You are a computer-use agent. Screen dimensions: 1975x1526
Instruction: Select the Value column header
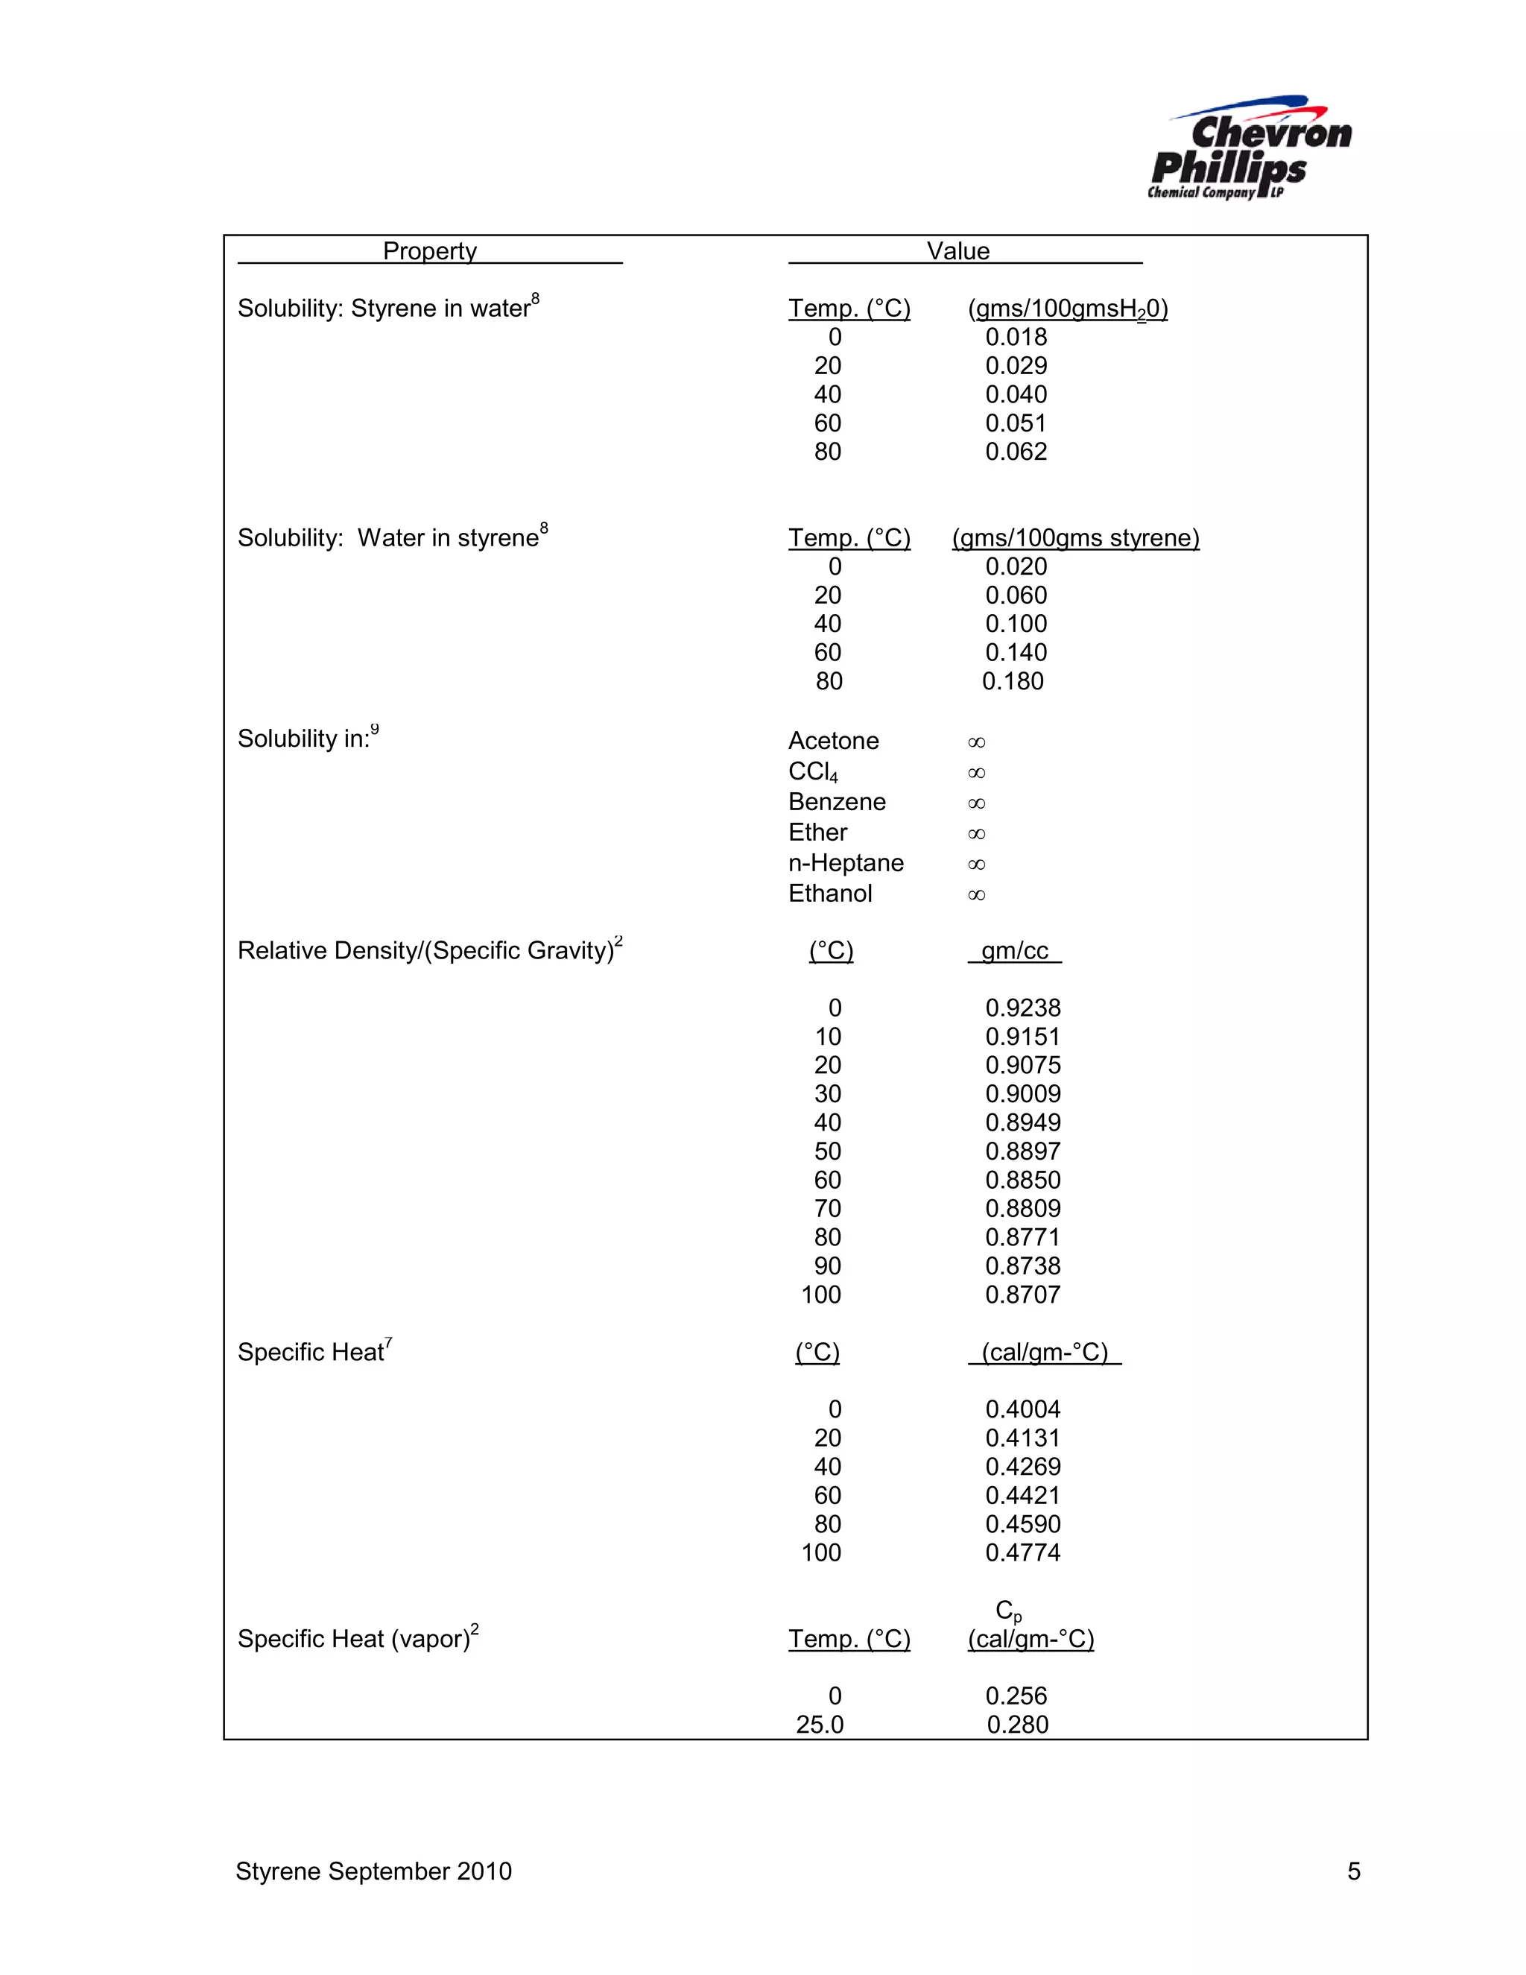pos(957,250)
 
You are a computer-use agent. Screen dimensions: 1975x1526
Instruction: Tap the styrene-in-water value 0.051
pos(1016,423)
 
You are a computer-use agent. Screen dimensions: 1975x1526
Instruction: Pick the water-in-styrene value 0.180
pos(1013,681)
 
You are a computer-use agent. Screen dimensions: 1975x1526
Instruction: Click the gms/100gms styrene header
pos(1075,538)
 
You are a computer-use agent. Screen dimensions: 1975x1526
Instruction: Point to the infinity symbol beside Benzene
pos(976,803)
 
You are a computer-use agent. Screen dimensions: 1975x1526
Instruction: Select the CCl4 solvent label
pos(813,772)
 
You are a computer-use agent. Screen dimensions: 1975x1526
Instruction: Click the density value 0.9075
pos(1022,1065)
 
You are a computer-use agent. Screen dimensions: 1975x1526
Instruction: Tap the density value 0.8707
pos(1022,1295)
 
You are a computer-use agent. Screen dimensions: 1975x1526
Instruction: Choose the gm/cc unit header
pos(1014,951)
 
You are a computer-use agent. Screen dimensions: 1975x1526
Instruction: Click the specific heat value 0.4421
pos(1022,1496)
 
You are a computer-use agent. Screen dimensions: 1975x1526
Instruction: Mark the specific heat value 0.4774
pos(1022,1552)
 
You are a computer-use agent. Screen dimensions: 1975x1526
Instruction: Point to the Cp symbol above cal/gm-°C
pos(1008,1611)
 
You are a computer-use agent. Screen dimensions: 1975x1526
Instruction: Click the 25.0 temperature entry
pos(819,1725)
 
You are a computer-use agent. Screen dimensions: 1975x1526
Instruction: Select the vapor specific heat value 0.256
pos(1016,1696)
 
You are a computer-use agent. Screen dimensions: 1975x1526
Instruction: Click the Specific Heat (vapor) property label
pos(357,1639)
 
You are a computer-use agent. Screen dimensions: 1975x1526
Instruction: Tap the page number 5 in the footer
pos(1353,1871)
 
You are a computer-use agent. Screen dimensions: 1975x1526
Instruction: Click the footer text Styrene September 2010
pos(373,1871)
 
